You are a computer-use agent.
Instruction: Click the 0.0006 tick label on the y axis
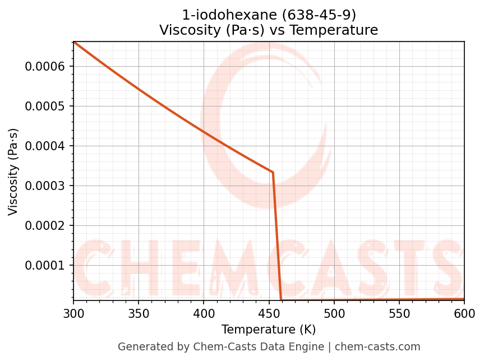(x=45, y=67)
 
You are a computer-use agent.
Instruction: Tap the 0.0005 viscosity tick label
(x=45, y=107)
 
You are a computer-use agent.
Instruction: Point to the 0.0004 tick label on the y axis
(x=45, y=146)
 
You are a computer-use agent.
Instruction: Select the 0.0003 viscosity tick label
(x=45, y=186)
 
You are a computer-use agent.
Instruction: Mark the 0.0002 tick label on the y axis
(x=45, y=226)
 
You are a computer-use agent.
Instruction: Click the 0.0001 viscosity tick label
(x=45, y=266)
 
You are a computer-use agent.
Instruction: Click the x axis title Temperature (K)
(x=269, y=329)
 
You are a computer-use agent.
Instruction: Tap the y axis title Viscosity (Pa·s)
(x=13, y=172)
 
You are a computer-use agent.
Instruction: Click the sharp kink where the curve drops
(x=273, y=172)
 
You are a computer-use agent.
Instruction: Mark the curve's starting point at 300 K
(x=73, y=42)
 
